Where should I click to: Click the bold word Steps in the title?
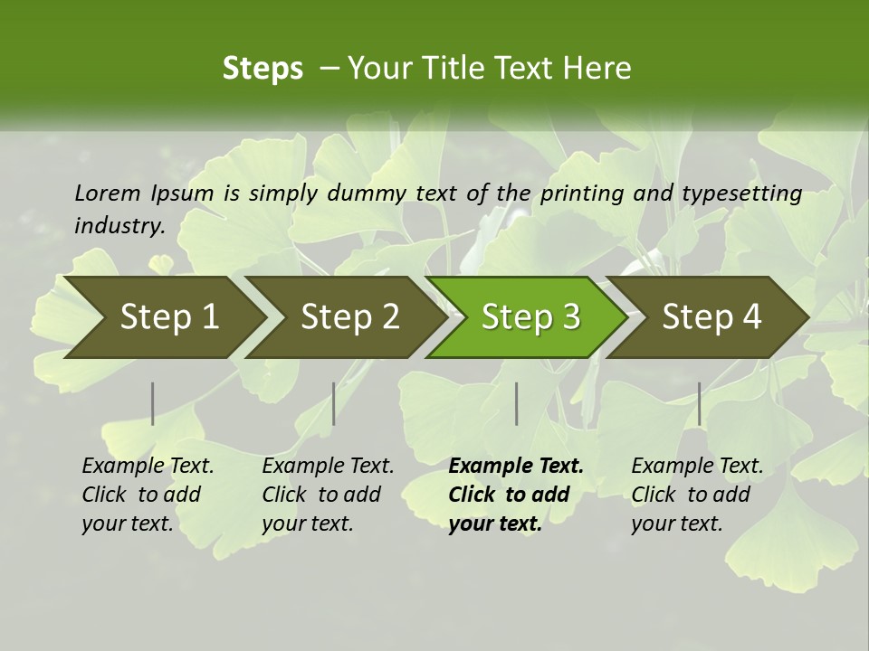(263, 69)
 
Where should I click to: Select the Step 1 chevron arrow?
(163, 317)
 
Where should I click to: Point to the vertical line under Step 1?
(153, 403)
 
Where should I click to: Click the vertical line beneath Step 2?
(334, 403)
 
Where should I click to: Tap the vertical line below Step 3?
(516, 403)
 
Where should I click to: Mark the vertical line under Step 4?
(699, 403)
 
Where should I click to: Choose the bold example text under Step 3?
(515, 495)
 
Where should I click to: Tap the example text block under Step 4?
(697, 495)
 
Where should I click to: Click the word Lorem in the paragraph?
(108, 193)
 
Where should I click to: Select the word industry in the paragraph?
(119, 225)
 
